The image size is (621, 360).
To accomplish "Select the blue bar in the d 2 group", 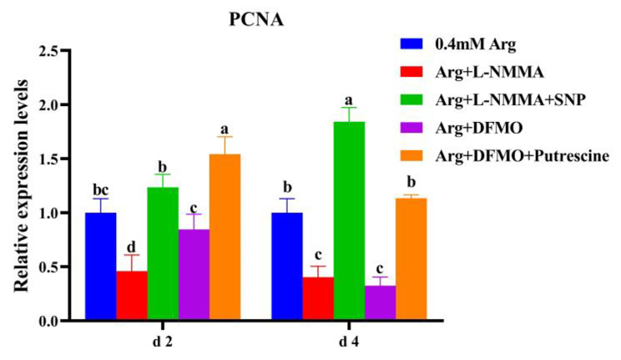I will pos(101,266).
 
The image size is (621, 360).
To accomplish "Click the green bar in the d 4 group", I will pos(350,221).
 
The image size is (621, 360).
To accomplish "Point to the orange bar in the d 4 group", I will pos(411,259).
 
